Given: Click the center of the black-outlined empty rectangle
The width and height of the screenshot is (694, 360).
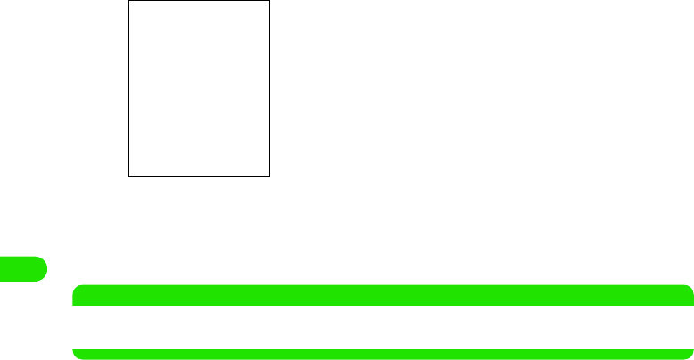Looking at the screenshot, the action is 199,88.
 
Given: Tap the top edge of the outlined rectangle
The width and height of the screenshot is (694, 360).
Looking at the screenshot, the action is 199,1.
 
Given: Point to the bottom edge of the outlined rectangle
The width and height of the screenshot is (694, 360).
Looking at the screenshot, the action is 199,176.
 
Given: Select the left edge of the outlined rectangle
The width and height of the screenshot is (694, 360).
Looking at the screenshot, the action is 129,88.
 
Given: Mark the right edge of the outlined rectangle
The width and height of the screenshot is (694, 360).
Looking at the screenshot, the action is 269,88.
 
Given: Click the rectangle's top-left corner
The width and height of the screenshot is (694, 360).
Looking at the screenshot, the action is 129,1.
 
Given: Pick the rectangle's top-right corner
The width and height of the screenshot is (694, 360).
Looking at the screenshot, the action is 269,1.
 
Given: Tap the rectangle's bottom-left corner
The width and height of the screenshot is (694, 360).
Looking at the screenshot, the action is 129,176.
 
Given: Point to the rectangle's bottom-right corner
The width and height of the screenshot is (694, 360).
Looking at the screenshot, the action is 269,176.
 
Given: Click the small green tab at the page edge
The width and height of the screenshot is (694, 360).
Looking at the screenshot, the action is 22,267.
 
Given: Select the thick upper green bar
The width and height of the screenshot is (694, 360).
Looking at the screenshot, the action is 383,295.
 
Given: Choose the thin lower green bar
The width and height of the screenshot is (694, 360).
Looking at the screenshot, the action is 383,354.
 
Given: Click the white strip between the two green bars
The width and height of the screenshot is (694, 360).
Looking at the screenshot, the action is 383,327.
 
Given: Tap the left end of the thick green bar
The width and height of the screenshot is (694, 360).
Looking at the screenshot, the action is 78,295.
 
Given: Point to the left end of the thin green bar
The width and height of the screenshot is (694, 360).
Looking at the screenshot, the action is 78,354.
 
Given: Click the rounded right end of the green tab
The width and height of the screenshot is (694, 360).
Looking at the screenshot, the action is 43,267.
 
